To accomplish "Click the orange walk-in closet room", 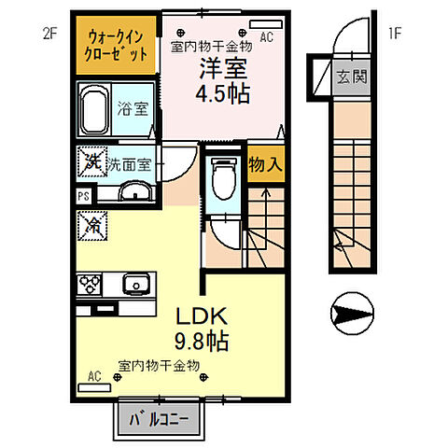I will click(117, 45).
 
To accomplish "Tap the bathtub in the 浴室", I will click(93, 110).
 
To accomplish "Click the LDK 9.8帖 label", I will click(199, 327).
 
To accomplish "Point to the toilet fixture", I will click(222, 177).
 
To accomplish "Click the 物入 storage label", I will click(265, 163).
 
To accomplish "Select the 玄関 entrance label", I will click(352, 77).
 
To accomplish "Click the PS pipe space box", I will click(83, 197).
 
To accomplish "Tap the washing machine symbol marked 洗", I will click(91, 164).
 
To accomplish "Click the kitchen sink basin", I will click(133, 283).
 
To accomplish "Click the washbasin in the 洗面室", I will click(134, 193).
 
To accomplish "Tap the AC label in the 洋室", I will click(266, 37).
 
